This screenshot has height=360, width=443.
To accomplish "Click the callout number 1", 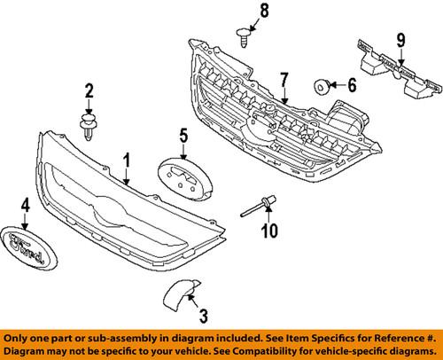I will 127,160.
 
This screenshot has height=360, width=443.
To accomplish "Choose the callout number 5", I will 183,136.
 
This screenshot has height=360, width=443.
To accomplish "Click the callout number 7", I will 284,82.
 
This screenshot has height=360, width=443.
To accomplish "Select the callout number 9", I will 400,40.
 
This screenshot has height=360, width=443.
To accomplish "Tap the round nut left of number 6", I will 323,86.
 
